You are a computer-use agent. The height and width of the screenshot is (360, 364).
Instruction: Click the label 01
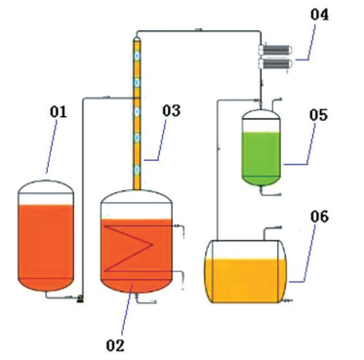tap(59, 112)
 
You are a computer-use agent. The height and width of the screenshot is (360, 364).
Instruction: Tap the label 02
tap(115, 345)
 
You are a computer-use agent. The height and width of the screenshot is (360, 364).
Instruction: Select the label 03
tap(172, 110)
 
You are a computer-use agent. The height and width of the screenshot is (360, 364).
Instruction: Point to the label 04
tap(319, 15)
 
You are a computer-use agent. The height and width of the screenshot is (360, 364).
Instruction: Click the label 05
tap(318, 115)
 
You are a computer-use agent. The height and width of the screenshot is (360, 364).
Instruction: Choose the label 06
tap(319, 217)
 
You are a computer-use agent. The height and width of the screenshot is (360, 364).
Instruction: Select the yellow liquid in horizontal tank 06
tap(246, 280)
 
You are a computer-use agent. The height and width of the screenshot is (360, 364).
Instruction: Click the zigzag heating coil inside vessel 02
tap(130, 248)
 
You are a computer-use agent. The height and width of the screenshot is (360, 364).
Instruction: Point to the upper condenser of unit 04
tap(276, 50)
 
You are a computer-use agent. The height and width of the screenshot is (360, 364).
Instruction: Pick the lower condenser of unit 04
tap(276, 63)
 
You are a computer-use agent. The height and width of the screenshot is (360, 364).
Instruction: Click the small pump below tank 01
tap(80, 299)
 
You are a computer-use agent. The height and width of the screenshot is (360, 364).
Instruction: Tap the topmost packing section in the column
tap(138, 56)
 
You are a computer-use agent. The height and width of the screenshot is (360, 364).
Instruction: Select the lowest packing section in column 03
tap(138, 170)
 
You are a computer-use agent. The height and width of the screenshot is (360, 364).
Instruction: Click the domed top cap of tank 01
tap(46, 186)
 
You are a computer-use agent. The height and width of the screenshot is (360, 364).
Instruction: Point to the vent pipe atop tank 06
tap(272, 231)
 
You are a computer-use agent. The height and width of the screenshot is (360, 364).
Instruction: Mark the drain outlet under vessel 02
tap(145, 300)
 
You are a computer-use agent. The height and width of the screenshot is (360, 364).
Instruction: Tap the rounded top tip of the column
tap(138, 39)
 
